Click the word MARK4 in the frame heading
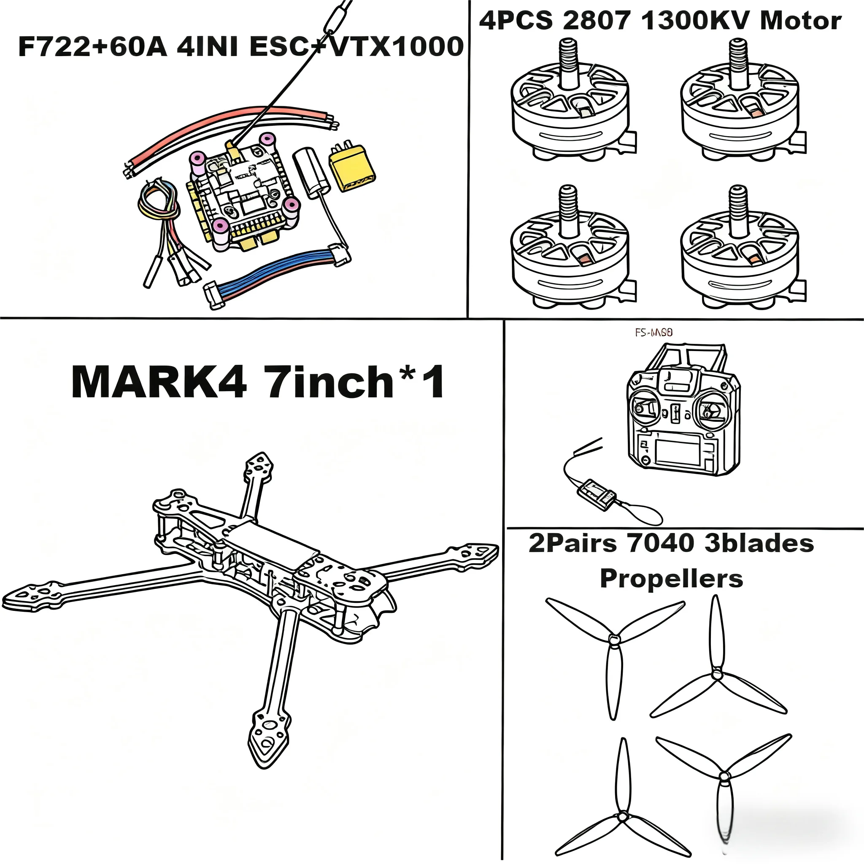tap(159, 382)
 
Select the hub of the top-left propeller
tap(614, 640)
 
